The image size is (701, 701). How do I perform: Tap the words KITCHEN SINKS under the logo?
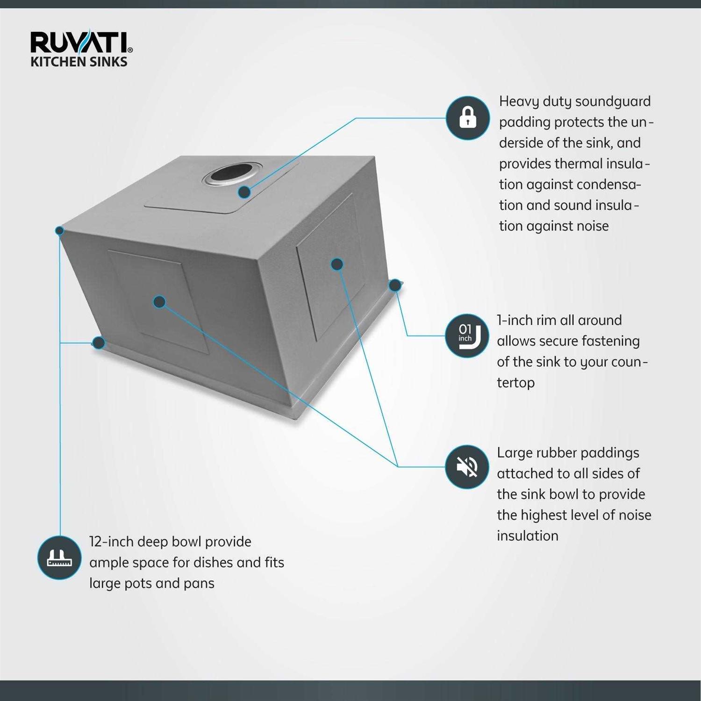coord(79,62)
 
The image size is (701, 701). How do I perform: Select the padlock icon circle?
coord(467,118)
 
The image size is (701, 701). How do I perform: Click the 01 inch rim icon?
coord(467,336)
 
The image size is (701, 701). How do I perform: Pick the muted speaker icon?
coord(467,466)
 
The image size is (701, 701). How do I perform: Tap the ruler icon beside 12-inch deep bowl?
coord(59,558)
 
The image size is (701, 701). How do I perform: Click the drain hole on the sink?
coord(232,174)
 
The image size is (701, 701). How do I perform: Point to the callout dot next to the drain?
coord(244,192)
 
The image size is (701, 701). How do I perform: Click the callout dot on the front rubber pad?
coord(159,302)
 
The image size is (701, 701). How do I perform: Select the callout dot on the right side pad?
coord(337,264)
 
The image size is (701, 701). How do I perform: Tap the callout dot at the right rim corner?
coord(395,285)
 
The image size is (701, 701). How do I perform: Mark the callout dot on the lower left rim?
coord(98,343)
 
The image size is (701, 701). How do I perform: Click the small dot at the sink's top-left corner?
coord(59,230)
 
